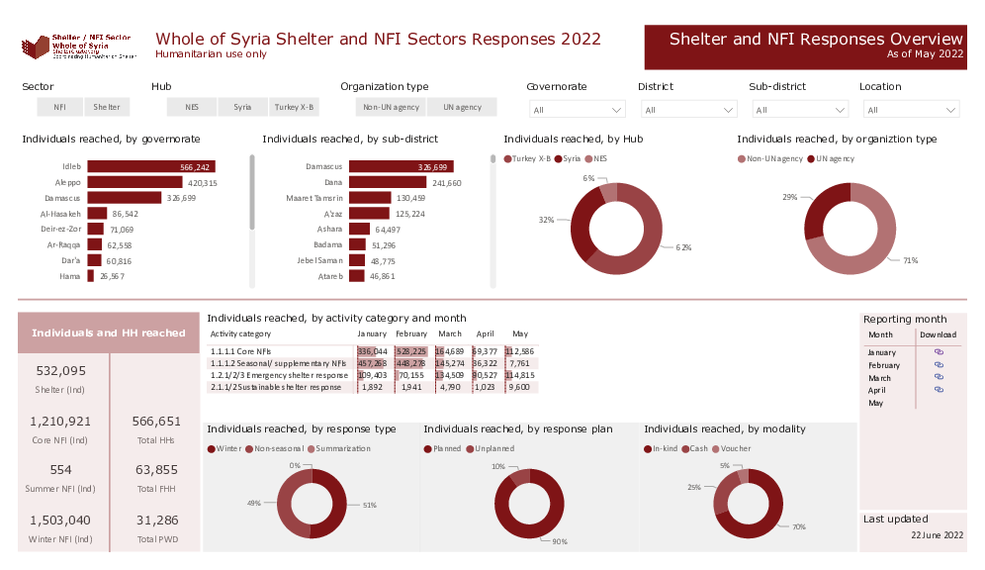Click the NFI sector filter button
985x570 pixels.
click(x=60, y=107)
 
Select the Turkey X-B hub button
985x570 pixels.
click(x=294, y=107)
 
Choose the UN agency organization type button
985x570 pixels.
click(x=462, y=107)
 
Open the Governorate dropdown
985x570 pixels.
click(x=577, y=110)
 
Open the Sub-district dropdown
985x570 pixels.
click(x=799, y=110)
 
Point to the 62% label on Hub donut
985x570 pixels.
click(x=683, y=246)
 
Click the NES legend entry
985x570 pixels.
click(x=598, y=158)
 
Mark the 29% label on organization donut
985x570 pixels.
click(x=789, y=198)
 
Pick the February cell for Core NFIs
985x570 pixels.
click(x=410, y=351)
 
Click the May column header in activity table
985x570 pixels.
click(x=519, y=334)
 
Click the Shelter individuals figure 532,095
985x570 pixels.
click(x=61, y=371)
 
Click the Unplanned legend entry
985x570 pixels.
click(x=492, y=448)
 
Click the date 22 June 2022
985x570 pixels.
click(x=937, y=534)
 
